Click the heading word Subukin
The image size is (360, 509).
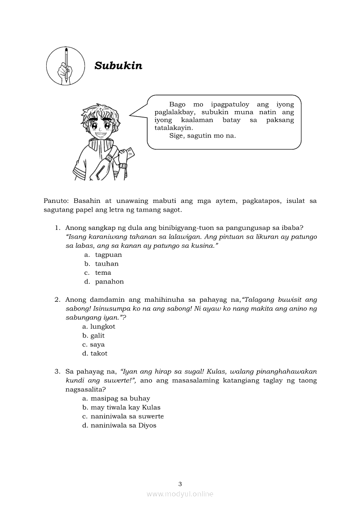118,66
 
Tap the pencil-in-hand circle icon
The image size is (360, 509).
65,66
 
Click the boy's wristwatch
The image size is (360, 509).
123,165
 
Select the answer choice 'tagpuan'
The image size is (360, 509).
109,255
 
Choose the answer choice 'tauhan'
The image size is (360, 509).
107,264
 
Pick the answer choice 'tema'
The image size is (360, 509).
103,273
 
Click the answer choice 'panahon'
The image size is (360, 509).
109,282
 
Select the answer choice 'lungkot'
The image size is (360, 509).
102,327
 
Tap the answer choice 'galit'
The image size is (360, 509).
98,336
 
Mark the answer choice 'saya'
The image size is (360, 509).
97,344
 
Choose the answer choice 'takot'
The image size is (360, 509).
98,354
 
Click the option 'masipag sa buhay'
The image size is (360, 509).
120,398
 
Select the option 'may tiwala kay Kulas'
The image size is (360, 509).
126,408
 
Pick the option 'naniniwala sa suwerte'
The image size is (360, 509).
127,416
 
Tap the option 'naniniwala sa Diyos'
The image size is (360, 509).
123,425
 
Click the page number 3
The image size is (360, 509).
180,484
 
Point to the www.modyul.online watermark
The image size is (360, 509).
180,494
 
